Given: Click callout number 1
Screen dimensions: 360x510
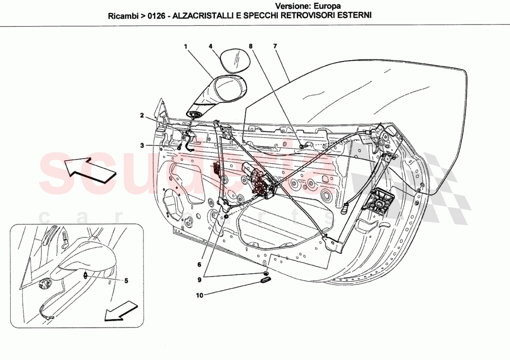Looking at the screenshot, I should pyautogui.click(x=185, y=46).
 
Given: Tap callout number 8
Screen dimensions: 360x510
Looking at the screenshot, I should pyautogui.click(x=251, y=46).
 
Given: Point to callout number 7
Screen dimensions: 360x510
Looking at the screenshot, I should pyautogui.click(x=275, y=46).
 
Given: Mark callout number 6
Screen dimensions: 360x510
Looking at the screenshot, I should pyautogui.click(x=199, y=265).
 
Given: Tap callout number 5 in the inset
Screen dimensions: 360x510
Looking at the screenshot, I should pyautogui.click(x=125, y=280).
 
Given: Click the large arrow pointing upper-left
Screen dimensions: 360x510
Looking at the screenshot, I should pyautogui.click(x=89, y=170).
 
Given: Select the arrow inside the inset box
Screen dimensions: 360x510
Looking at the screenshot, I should pyautogui.click(x=121, y=311).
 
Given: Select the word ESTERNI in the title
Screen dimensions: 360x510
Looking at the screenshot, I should pyautogui.click(x=355, y=15).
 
